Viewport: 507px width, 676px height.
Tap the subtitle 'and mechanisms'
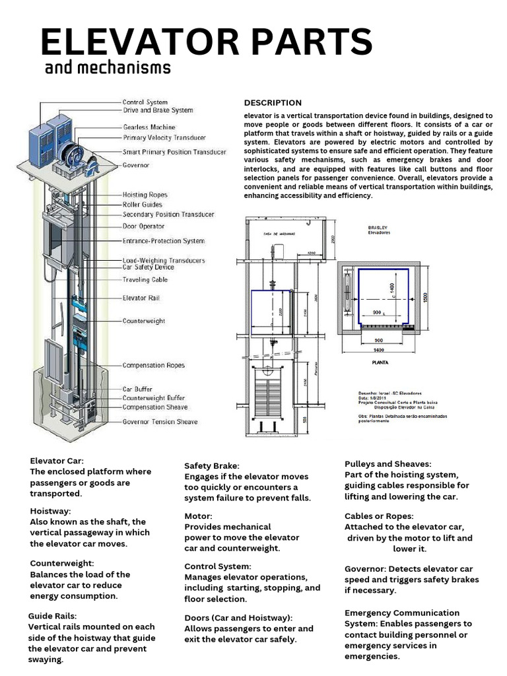pyautogui.click(x=108, y=69)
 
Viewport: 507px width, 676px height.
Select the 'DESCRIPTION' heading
pyautogui.click(x=273, y=103)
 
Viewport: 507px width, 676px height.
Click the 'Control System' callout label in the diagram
pyautogui.click(x=145, y=102)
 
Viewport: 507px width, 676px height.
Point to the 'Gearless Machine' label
pyautogui.click(x=149, y=127)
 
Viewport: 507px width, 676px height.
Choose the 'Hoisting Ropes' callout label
pyautogui.click(x=145, y=195)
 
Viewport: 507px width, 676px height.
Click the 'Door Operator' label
pyautogui.click(x=144, y=226)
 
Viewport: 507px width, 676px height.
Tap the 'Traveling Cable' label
pyautogui.click(x=145, y=280)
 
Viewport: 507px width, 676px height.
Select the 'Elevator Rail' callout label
pyautogui.click(x=141, y=298)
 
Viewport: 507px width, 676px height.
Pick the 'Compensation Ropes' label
pyautogui.click(x=154, y=365)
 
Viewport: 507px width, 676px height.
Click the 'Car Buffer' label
pyautogui.click(x=137, y=389)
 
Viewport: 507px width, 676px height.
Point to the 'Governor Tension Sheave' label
pyautogui.click(x=160, y=422)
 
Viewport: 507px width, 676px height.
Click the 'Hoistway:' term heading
pyautogui.click(x=51, y=511)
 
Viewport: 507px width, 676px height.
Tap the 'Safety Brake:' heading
pyautogui.click(x=212, y=466)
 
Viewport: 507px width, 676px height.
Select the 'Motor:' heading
pyautogui.click(x=198, y=516)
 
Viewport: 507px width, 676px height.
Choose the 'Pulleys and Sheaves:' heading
pyautogui.click(x=388, y=464)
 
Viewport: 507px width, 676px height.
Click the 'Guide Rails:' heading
pyautogui.click(x=53, y=616)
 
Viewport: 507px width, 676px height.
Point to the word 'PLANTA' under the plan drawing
pyautogui.click(x=379, y=362)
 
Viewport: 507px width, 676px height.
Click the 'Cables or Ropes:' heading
pyautogui.click(x=380, y=516)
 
